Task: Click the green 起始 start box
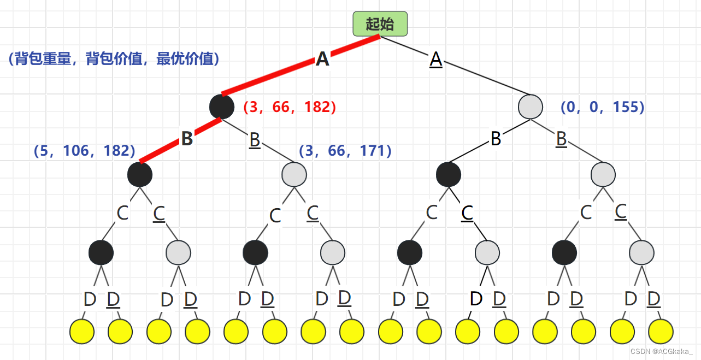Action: point(380,23)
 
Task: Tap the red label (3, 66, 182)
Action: point(290,107)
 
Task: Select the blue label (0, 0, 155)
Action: point(603,107)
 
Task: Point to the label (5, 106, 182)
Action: point(85,151)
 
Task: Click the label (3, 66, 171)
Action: point(345,151)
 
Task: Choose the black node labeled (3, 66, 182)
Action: point(222,107)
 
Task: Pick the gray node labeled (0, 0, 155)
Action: point(531,107)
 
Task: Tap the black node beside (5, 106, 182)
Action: point(140,175)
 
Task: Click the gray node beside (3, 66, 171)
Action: point(294,175)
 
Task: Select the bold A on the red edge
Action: point(322,59)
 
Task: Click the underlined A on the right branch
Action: point(435,59)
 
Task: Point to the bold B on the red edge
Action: point(187,139)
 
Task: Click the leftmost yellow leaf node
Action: point(82,331)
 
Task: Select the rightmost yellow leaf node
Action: point(661,331)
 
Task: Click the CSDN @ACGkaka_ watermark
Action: point(661,351)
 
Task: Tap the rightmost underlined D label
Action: point(654,299)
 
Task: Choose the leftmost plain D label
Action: point(89,299)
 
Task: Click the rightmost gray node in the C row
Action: point(641,252)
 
